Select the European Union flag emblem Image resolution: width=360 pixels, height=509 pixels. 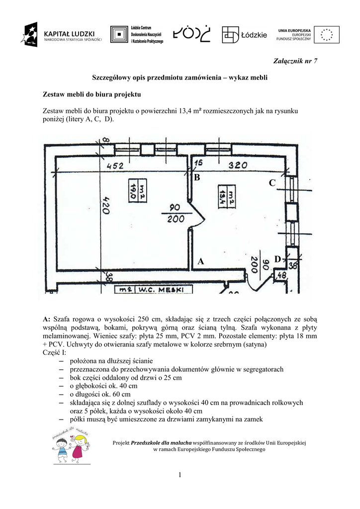pyautogui.click(x=327, y=34)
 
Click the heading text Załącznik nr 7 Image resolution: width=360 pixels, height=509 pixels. pyautogui.click(x=295, y=61)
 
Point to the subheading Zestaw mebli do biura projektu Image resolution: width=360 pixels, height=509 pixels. pyautogui.click(x=92, y=94)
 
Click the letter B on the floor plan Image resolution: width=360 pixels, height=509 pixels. pyautogui.click(x=197, y=177)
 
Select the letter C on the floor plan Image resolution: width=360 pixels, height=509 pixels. pyautogui.click(x=272, y=183)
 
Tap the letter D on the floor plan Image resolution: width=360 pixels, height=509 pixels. pyautogui.click(x=277, y=259)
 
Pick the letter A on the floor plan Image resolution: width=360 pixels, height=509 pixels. pyautogui.click(x=200, y=261)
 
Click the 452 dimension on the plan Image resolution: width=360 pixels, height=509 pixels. pyautogui.click(x=115, y=166)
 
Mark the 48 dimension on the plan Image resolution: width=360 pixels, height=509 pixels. pyautogui.click(x=281, y=275)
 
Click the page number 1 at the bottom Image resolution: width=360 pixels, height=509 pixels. pyautogui.click(x=180, y=476)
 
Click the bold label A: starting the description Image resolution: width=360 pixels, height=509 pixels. pyautogui.click(x=47, y=319)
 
